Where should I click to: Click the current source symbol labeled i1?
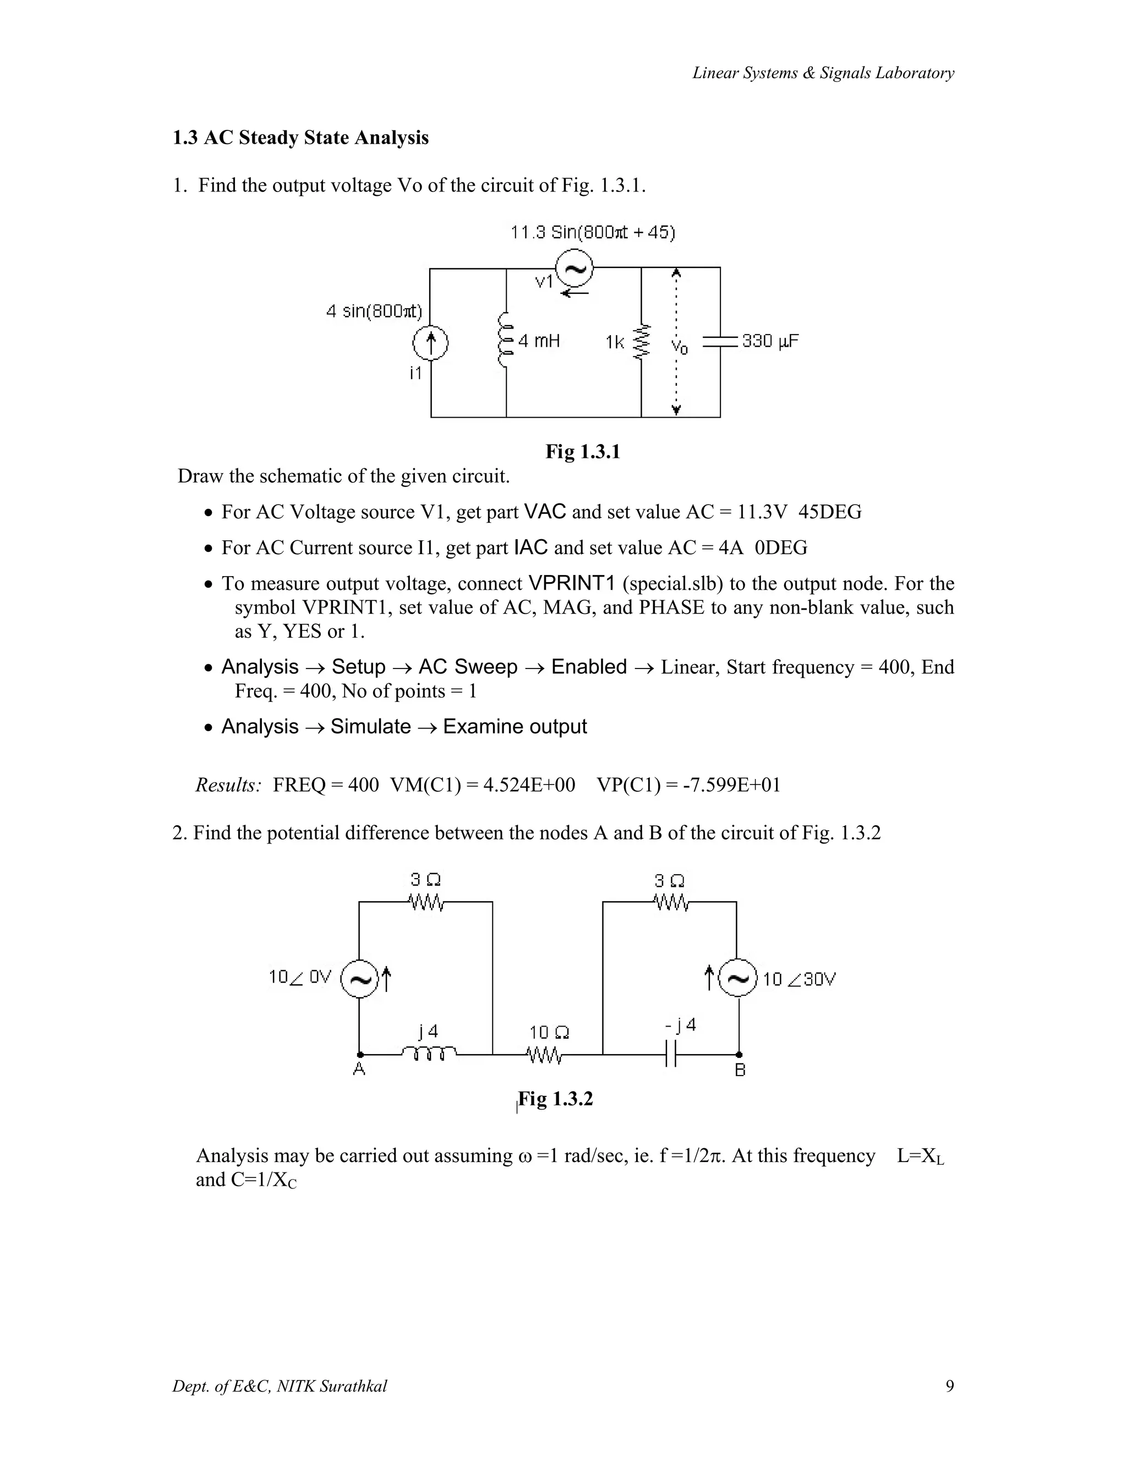(x=431, y=344)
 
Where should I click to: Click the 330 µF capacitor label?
(x=770, y=341)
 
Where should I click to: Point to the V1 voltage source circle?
(x=575, y=268)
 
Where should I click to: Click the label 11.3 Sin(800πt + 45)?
(x=593, y=232)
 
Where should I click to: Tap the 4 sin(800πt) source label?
(x=375, y=311)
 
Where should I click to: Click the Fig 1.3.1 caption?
(x=583, y=452)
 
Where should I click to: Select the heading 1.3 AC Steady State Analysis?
(x=300, y=138)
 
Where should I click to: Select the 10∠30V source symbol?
(x=738, y=979)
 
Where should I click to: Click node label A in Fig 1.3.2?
(x=359, y=1070)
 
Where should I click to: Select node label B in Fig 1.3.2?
(x=740, y=1071)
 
